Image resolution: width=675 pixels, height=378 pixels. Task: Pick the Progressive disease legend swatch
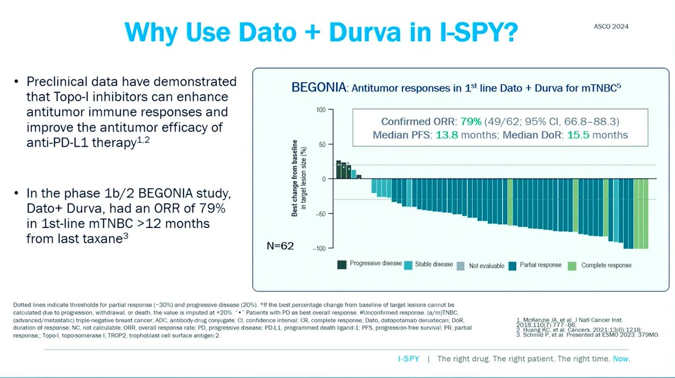pyautogui.click(x=341, y=265)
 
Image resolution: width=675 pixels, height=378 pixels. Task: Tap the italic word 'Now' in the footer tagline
pyautogui.click(x=622, y=358)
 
